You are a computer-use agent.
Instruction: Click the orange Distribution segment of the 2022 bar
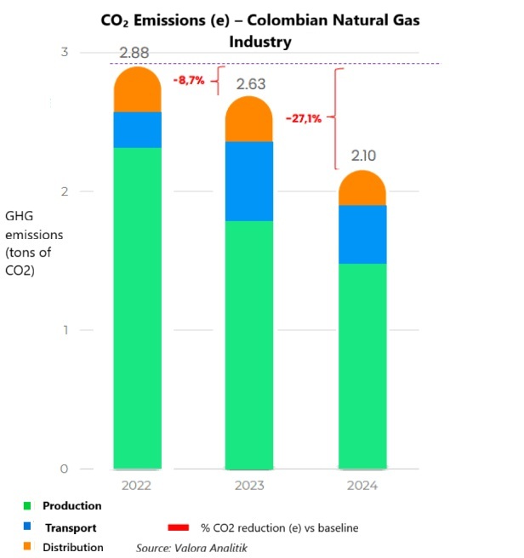coord(137,90)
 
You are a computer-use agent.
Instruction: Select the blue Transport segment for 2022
coord(137,130)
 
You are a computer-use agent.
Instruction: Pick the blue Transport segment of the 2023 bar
coord(249,181)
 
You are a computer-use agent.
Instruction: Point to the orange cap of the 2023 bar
coord(249,120)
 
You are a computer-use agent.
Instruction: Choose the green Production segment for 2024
coord(362,366)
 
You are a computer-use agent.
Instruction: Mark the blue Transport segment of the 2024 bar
coord(362,235)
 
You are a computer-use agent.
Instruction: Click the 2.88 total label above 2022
coord(134,54)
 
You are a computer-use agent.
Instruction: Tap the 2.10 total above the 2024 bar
coord(363,157)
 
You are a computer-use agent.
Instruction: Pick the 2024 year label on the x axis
coord(362,487)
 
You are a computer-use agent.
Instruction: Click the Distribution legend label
coord(73,547)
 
